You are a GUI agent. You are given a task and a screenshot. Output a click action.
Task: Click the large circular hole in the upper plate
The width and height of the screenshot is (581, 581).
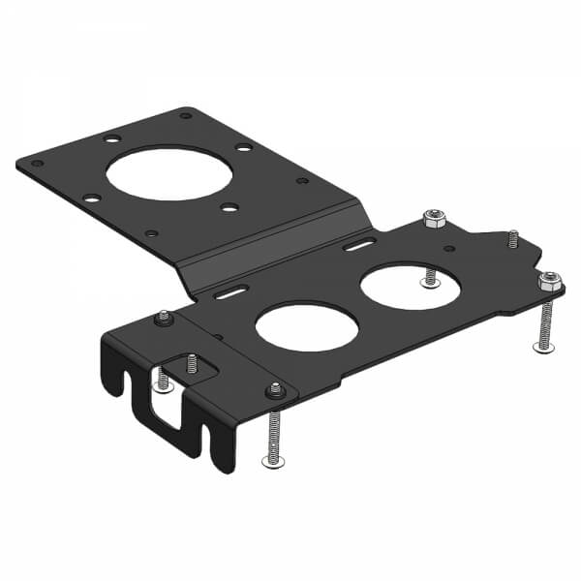(x=169, y=173)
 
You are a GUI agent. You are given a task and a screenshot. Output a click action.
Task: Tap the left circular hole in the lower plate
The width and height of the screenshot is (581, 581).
(x=307, y=326)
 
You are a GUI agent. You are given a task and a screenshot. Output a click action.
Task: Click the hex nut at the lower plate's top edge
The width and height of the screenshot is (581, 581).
(x=432, y=220)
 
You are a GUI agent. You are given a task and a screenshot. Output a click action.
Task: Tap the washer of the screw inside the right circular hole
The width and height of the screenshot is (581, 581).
(x=430, y=282)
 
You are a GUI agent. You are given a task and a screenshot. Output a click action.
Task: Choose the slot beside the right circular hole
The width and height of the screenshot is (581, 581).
(x=358, y=247)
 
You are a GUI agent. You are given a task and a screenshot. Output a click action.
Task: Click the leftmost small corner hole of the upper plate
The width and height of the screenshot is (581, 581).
(x=37, y=164)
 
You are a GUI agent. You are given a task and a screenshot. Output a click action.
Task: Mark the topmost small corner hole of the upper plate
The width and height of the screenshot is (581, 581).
(x=185, y=115)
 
